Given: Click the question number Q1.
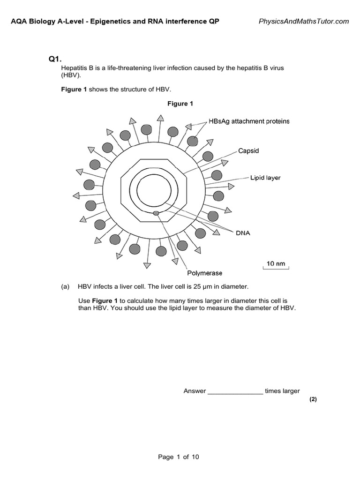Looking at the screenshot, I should coord(55,59).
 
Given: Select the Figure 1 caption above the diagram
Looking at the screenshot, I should coord(180,104).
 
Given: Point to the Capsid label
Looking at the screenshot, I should coord(248,151).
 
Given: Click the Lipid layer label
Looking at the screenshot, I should coord(265,178).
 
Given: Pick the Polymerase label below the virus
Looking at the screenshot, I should coord(205,273).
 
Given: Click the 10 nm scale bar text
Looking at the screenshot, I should coord(276,263).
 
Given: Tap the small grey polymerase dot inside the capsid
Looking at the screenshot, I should coord(156,213).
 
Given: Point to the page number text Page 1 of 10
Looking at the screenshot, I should coord(179,457).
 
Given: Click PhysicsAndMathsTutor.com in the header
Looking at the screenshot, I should coord(304,21).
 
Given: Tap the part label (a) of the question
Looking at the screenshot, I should coord(65,286).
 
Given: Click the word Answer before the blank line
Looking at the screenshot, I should coord(195,391).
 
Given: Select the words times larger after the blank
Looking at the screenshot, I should coord(282,391).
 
